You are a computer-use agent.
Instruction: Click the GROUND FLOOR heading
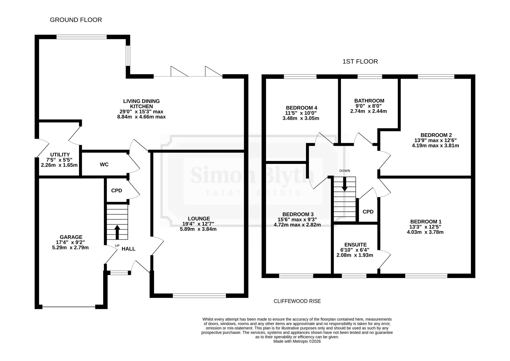point(76,20)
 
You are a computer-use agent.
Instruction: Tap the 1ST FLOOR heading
point(360,61)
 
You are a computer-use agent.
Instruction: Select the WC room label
point(104,165)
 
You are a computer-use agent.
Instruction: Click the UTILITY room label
point(60,155)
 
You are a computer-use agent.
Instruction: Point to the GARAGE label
point(71,237)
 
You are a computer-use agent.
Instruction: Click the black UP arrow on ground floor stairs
point(117,232)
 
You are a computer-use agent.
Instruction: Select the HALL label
point(129,249)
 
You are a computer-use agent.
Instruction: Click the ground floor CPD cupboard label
point(117,191)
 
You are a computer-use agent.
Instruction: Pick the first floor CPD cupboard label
point(368,212)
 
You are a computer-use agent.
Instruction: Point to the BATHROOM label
point(369,101)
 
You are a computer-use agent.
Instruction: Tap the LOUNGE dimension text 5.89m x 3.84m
point(198,229)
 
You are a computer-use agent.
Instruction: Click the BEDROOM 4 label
point(301,108)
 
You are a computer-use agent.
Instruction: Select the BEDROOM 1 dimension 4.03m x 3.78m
point(425,232)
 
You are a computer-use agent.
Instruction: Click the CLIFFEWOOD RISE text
point(297,301)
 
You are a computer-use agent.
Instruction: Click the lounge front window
point(199,296)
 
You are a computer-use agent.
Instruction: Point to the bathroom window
point(370,76)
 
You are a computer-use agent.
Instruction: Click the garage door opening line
point(69,307)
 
